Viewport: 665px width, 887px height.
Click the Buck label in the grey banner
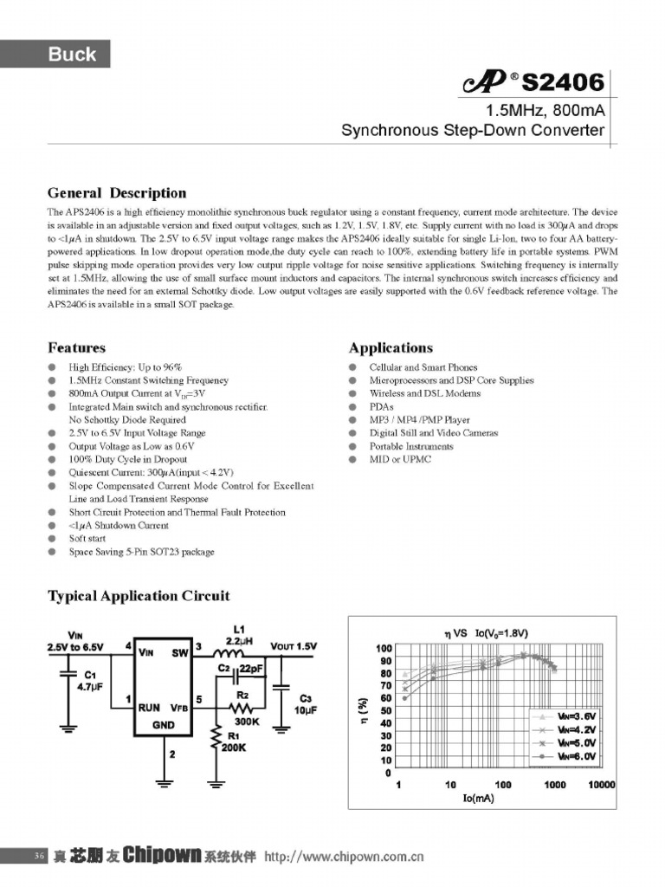coord(72,55)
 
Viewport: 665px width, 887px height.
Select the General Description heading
coord(116,192)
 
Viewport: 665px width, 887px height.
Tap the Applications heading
coord(391,347)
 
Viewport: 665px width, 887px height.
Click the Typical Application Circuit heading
coord(139,595)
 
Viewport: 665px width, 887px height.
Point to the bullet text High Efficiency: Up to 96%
coord(126,367)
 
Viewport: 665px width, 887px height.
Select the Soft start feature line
coord(89,539)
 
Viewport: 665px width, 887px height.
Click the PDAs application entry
coord(381,406)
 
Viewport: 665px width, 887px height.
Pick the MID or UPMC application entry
coord(400,459)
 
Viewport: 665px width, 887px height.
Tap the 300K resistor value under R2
coord(246,721)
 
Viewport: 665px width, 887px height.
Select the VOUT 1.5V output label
coord(294,646)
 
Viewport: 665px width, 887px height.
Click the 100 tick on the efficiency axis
coord(384,649)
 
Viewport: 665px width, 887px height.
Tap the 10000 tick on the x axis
coord(600,785)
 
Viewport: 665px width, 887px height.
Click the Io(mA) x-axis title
coord(478,798)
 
